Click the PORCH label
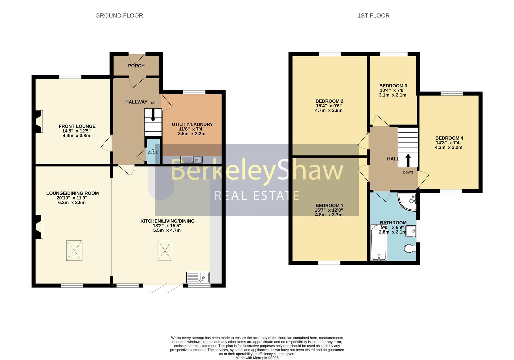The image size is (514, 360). click(136, 66)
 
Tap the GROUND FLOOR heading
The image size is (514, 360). click(119, 16)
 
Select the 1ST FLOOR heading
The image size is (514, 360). click(373, 16)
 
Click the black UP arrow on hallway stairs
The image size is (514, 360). click(153, 116)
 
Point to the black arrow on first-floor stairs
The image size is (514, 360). click(408, 160)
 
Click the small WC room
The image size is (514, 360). click(153, 151)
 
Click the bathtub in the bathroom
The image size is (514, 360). click(379, 242)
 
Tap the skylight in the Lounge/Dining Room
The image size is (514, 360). click(74, 251)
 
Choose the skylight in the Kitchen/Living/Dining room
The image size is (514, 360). click(165, 251)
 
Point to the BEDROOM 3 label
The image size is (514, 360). click(393, 86)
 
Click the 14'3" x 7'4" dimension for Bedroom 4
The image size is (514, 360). click(448, 143)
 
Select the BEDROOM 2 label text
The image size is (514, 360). click(329, 101)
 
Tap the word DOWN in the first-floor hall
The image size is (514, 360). click(408, 172)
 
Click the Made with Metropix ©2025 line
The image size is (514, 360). click(257, 358)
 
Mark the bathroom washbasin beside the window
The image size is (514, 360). click(411, 231)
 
